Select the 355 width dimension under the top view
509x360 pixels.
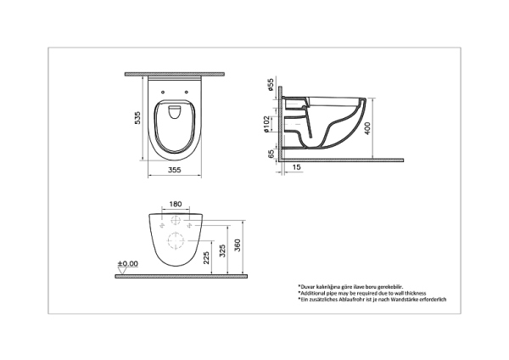tap(175, 170)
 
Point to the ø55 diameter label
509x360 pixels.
tap(271, 85)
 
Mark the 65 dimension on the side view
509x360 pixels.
tap(271, 156)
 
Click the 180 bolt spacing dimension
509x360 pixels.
tap(175, 203)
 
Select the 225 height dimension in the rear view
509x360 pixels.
tap(208, 255)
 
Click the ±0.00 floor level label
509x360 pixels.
tap(127, 264)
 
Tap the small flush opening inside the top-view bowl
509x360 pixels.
tap(175, 110)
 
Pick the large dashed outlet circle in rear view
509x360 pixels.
tap(175, 241)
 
